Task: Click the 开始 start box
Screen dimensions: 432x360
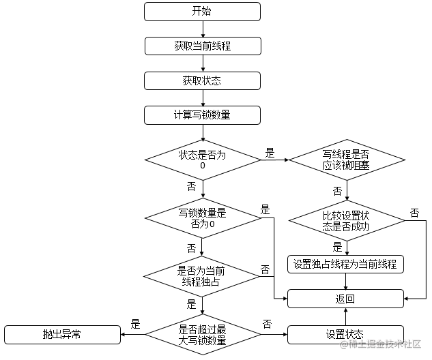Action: coord(202,12)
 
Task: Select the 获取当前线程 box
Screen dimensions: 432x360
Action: coord(203,46)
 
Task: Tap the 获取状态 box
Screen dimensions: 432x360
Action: coord(202,80)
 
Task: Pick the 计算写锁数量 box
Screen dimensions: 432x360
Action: coord(202,115)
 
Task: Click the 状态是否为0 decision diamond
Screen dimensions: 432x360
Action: coord(203,160)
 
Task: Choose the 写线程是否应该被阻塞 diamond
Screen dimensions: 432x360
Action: coord(347,160)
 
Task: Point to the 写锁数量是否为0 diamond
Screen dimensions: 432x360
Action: coord(203,218)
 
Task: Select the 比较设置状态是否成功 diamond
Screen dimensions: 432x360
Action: coord(347,220)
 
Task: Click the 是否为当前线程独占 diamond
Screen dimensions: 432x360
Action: coord(202,276)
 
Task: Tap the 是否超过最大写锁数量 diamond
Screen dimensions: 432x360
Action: coord(203,335)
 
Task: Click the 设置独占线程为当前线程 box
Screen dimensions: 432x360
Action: coord(345,265)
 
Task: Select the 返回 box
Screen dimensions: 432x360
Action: coord(345,299)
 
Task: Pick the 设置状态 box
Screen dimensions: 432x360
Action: coord(345,335)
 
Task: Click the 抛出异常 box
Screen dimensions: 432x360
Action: coord(63,335)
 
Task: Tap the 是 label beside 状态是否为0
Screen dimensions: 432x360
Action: coord(270,153)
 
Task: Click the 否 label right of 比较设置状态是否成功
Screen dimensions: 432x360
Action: coord(415,213)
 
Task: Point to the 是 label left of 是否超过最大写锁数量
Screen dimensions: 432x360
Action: coord(135,324)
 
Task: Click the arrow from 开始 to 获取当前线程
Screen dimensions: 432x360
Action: coord(203,29)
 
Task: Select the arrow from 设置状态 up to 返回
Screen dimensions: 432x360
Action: coord(346,317)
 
